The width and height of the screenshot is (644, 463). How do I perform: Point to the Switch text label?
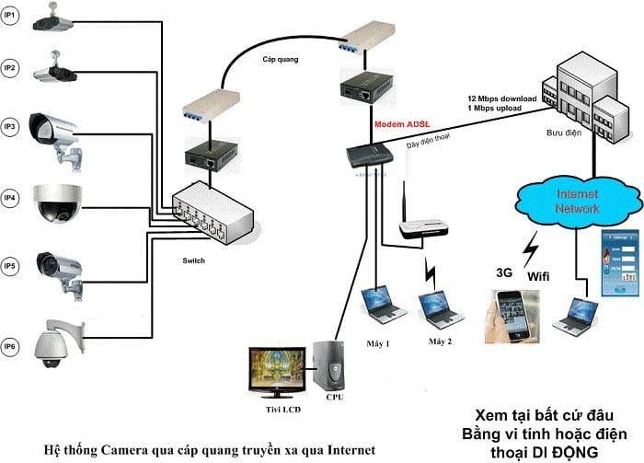(x=193, y=260)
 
